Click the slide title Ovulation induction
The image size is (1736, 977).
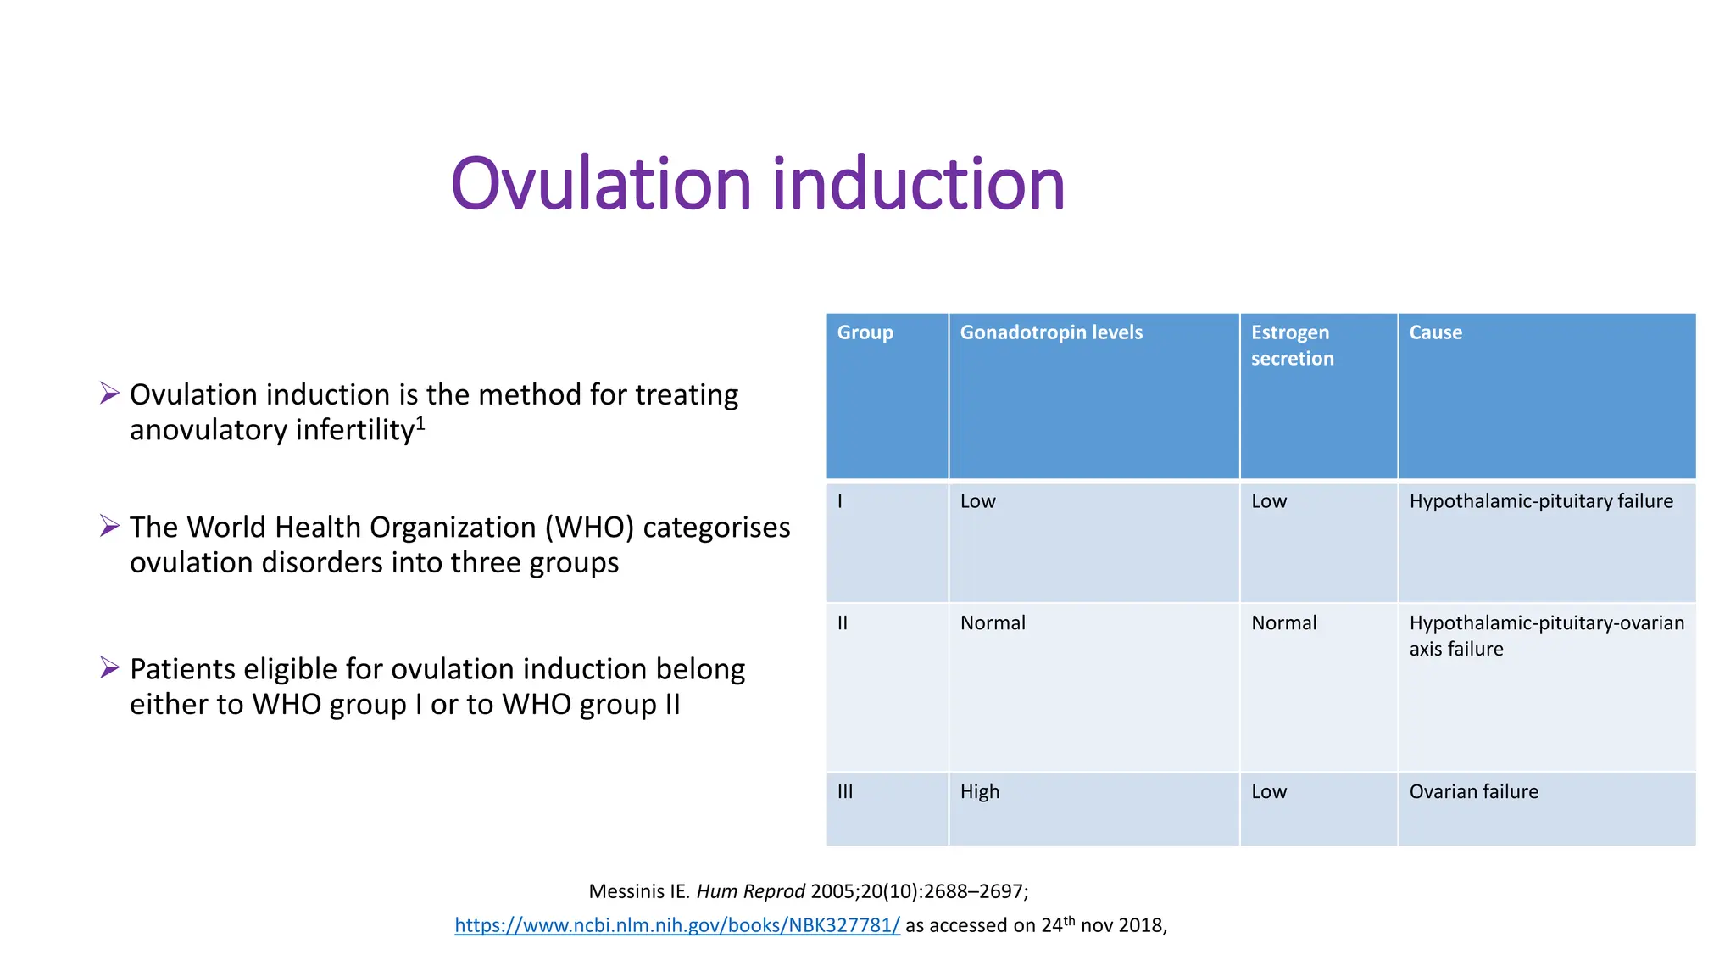pos(757,184)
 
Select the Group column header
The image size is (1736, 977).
pos(865,332)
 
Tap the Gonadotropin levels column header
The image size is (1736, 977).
pos(1050,332)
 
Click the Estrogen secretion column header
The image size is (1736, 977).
pos(1292,345)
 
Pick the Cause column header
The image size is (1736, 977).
pos(1435,332)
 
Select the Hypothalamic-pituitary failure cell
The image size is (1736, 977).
pos(1540,501)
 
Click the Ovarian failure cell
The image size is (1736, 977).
pos(1473,791)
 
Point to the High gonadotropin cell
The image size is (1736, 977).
pos(979,791)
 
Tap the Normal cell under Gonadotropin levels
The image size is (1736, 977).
pos(992,623)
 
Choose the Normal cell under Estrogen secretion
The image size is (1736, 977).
pos(1283,623)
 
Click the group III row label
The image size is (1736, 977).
pos(845,791)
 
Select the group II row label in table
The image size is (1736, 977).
pos(843,623)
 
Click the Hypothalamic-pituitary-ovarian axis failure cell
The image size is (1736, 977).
pos(1545,635)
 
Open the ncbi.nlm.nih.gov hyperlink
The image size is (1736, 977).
pos(676,925)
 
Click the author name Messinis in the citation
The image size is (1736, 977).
pos(627,891)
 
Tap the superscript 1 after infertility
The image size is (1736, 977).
pos(420,422)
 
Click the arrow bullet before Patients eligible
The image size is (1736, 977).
pos(109,667)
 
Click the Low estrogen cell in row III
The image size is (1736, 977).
pos(1268,791)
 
